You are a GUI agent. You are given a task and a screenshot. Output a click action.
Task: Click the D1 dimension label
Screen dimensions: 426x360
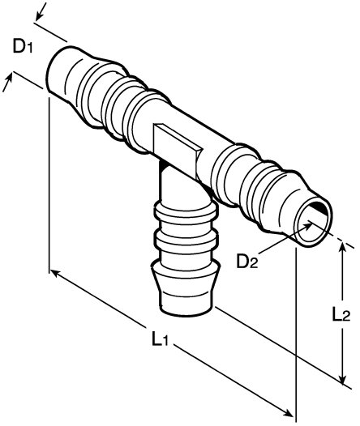(x=22, y=46)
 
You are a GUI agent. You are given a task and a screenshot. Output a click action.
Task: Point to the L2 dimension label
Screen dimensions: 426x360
(x=341, y=315)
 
